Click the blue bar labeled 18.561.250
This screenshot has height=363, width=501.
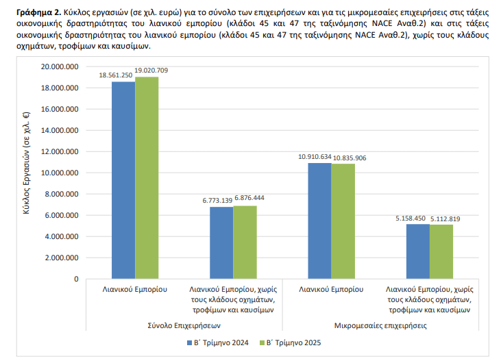[x=123, y=180]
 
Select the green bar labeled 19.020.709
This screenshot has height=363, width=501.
[x=147, y=178]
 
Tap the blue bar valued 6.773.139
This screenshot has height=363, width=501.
[x=221, y=243]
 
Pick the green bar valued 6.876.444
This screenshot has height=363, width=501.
[x=245, y=242]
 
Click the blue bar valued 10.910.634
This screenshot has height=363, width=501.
[x=320, y=221]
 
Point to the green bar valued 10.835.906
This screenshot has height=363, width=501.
[x=343, y=221]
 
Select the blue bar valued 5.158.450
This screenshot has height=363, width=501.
[x=418, y=251]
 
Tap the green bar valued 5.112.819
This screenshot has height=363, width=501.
[x=441, y=252]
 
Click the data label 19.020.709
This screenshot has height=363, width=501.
[x=151, y=71]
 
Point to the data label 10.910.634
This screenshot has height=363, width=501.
[x=315, y=157]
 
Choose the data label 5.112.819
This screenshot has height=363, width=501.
[x=445, y=219]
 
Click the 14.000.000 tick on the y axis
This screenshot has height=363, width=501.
[x=60, y=130]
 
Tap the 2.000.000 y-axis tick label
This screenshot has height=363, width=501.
[x=62, y=258]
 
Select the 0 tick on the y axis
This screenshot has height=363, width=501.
[x=76, y=279]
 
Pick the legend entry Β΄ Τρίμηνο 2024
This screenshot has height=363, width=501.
[x=217, y=342]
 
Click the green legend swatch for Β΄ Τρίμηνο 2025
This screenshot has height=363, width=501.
[x=262, y=343]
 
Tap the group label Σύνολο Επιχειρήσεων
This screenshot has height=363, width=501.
[x=184, y=325]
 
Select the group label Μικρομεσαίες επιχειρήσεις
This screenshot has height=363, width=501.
[x=380, y=325]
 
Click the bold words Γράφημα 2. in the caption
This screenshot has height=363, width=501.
[x=38, y=12]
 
